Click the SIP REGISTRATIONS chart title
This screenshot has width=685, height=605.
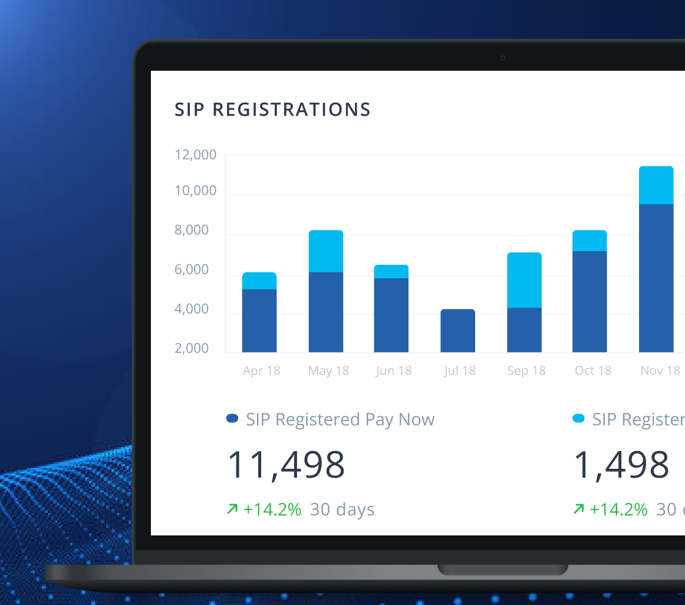(272, 110)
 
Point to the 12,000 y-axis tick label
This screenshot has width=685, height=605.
(196, 155)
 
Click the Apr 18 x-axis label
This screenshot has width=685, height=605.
(261, 371)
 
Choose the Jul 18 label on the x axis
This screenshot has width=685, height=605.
(459, 371)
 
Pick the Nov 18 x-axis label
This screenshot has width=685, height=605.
(660, 371)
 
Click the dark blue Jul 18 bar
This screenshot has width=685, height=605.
(457, 331)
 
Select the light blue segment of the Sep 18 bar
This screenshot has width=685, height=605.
(524, 280)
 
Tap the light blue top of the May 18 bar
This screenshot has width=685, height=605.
(326, 251)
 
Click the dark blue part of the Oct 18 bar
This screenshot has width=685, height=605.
(590, 301)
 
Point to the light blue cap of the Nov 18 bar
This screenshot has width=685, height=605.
(656, 185)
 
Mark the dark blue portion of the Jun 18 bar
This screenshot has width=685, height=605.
(391, 315)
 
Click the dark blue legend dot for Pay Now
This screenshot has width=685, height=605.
(232, 419)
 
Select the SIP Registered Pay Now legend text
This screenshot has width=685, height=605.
(340, 419)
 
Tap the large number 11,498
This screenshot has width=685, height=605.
(286, 465)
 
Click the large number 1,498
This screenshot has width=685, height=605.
(621, 465)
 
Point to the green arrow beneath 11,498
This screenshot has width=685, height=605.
(232, 509)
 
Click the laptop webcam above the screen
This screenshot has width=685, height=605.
(502, 58)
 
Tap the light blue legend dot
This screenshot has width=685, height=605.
(578, 419)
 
